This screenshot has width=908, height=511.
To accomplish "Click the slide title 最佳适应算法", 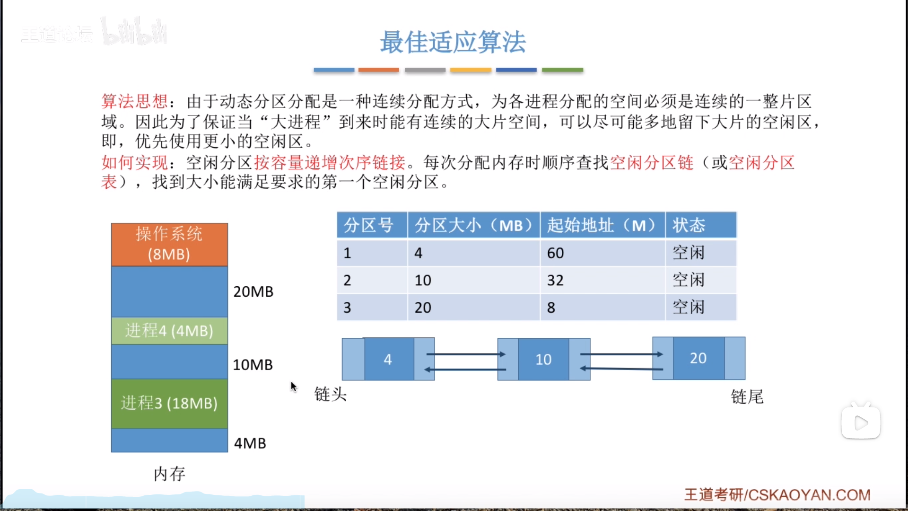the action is pos(453,42).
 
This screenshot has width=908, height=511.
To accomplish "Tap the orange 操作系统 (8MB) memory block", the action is pos(169,244).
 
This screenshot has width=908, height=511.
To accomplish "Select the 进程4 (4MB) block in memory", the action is pos(169,330).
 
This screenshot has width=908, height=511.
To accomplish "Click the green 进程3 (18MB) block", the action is pos(169,403).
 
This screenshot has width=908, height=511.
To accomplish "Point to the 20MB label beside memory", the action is pos(253,291).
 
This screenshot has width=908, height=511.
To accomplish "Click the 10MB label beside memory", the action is pos(253,365).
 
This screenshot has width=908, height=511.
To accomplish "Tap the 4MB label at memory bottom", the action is pos(250,443).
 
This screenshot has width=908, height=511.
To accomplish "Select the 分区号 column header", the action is pos(368,225).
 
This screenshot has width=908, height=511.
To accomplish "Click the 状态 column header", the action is pos(689,225).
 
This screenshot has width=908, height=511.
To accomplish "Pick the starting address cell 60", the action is pos(555,253).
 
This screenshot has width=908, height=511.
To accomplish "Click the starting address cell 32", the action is pos(555,281).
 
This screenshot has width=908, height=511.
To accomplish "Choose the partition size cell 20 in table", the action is pos(423,308).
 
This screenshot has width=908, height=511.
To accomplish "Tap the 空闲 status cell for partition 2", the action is pos(689,281).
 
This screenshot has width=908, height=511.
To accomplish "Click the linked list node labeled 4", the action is pos(388,359).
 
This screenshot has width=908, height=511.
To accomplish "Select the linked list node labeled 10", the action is pos(543,360).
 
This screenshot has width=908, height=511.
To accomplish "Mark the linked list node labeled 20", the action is pos(698,358).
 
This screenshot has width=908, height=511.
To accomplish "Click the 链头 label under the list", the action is pos(330,394).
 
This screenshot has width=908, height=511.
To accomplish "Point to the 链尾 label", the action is pos(747,396).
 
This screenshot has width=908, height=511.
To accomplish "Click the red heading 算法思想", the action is pos(135,101).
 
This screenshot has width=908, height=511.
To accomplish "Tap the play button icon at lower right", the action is pos(861,423).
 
